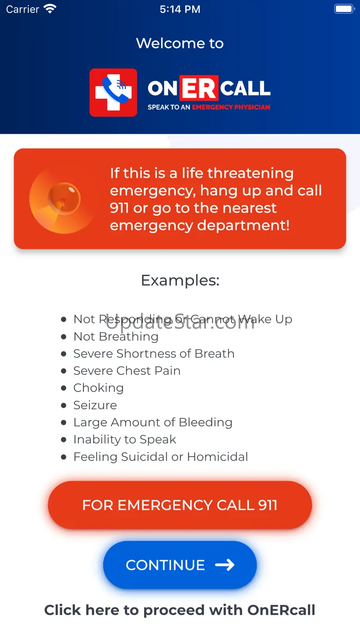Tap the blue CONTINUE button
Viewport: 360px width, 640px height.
pyautogui.click(x=180, y=565)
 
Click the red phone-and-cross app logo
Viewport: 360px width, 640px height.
pyautogui.click(x=113, y=92)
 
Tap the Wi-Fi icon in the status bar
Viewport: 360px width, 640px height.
pyautogui.click(x=50, y=9)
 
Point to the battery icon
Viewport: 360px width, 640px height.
pyautogui.click(x=344, y=9)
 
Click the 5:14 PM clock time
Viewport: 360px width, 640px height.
pyautogui.click(x=180, y=9)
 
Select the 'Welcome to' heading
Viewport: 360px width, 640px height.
pyautogui.click(x=180, y=43)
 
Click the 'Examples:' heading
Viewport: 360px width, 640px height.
pyautogui.click(x=180, y=280)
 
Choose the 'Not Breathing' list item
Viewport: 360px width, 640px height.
pyautogui.click(x=116, y=336)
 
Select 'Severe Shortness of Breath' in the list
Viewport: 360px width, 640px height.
pyautogui.click(x=154, y=353)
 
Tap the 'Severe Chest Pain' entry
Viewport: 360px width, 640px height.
pyautogui.click(x=127, y=371)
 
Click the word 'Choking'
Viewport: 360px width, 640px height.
pyautogui.click(x=98, y=388)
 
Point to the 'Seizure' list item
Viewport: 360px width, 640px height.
pyautogui.click(x=95, y=405)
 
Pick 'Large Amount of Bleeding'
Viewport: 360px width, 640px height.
pyautogui.click(x=153, y=422)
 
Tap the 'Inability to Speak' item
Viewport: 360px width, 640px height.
pyautogui.click(x=125, y=439)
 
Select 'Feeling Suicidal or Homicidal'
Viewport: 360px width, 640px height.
pyautogui.click(x=161, y=457)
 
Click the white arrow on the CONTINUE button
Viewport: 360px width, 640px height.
pyautogui.click(x=225, y=565)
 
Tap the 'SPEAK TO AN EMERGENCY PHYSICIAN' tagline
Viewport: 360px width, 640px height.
pyautogui.click(x=209, y=107)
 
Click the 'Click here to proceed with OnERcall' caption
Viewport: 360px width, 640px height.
pyautogui.click(x=180, y=610)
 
